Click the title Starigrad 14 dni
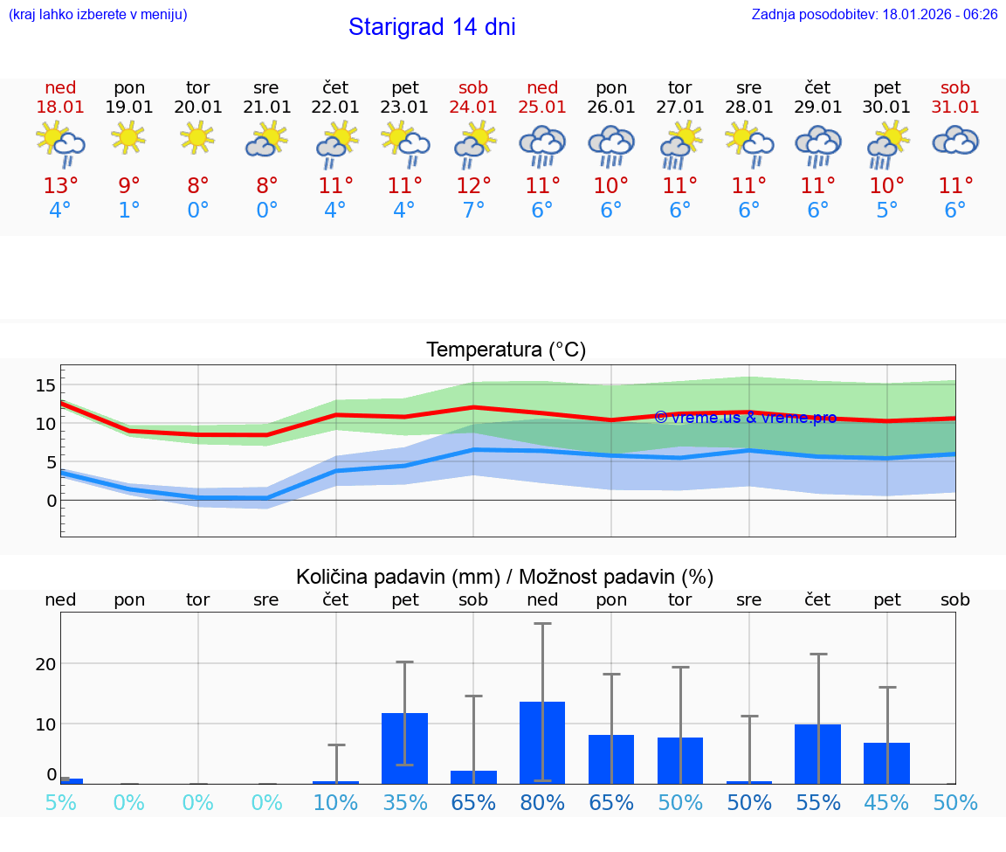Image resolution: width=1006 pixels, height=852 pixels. pyautogui.click(x=431, y=27)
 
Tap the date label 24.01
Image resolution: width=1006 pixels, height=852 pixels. pyautogui.click(x=473, y=107)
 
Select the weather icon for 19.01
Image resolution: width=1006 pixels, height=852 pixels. pyautogui.click(x=129, y=138)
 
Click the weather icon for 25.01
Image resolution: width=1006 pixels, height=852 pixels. pyautogui.click(x=542, y=145)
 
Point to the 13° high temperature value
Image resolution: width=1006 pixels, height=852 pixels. pyautogui.click(x=60, y=186)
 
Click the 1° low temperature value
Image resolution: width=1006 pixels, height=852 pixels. pyautogui.click(x=129, y=211)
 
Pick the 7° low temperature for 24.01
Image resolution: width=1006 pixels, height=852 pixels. pyautogui.click(x=473, y=211)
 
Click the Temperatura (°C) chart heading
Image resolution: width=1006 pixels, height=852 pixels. pyautogui.click(x=506, y=350)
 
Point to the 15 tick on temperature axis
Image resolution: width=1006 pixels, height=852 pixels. pyautogui.click(x=45, y=385)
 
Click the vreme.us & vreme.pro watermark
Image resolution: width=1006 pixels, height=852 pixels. pyautogui.click(x=745, y=418)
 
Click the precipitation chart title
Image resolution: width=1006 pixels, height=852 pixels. pyautogui.click(x=505, y=577)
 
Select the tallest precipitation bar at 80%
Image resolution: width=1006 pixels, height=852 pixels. pyautogui.click(x=542, y=743)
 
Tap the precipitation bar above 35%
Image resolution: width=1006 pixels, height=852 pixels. pyautogui.click(x=404, y=748)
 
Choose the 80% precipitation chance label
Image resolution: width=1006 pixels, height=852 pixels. pyautogui.click(x=542, y=803)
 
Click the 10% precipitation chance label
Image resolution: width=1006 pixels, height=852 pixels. pyautogui.click(x=335, y=803)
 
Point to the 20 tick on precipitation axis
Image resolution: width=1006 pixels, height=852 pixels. pyautogui.click(x=45, y=663)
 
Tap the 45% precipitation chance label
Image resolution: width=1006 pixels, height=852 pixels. pyautogui.click(x=886, y=803)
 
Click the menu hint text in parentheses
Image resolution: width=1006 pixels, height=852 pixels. pyautogui.click(x=97, y=15)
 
